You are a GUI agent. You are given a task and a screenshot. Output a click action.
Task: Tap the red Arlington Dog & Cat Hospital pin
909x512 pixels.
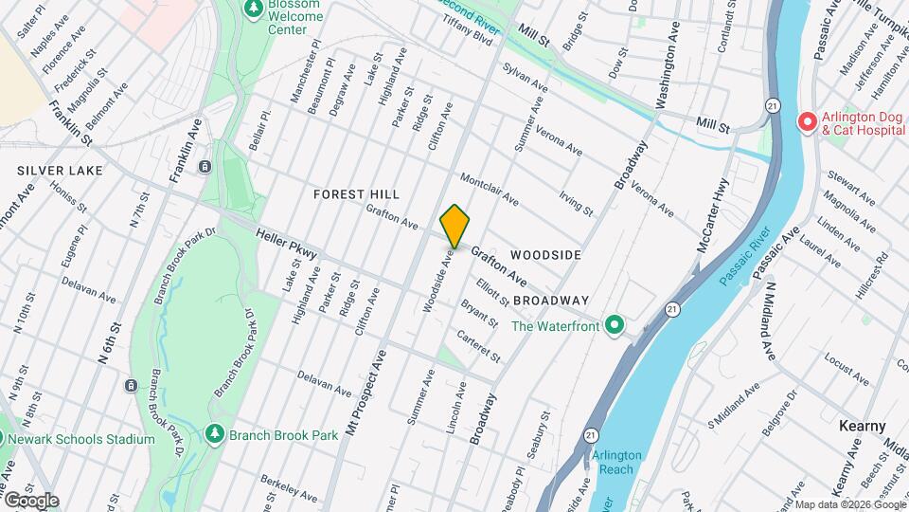pyautogui.click(x=807, y=121)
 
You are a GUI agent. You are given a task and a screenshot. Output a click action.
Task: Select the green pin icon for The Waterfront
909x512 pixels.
pyautogui.click(x=615, y=326)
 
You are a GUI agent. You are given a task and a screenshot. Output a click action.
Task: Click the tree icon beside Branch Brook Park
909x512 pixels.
pyautogui.click(x=215, y=434)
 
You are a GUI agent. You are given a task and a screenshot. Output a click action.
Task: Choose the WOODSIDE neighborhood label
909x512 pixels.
pyautogui.click(x=544, y=255)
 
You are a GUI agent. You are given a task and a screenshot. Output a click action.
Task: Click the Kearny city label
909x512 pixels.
pyautogui.click(x=862, y=426)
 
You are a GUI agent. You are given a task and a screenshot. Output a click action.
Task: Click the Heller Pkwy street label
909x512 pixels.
pyautogui.click(x=285, y=243)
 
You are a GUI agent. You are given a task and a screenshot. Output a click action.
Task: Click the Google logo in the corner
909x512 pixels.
pyautogui.click(x=30, y=500)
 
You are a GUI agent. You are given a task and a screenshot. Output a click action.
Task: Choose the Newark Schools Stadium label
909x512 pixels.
pyautogui.click(x=81, y=439)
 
